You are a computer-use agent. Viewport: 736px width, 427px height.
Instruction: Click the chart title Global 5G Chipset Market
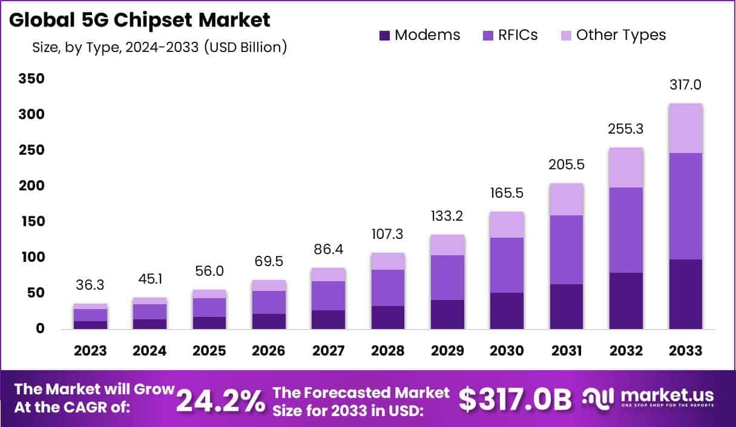click(x=140, y=20)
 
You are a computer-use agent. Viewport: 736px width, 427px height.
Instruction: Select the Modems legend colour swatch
click(x=385, y=36)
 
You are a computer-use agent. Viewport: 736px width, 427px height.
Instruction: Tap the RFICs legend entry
click(x=508, y=35)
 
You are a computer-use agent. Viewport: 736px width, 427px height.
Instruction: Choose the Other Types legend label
click(x=620, y=35)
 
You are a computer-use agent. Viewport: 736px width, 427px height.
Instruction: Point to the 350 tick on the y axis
click(x=31, y=79)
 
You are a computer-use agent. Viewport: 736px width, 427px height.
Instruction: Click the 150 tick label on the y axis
click(x=31, y=222)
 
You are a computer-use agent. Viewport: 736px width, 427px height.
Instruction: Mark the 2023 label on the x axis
click(x=91, y=351)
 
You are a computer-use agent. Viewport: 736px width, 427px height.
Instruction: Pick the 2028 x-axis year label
click(x=387, y=351)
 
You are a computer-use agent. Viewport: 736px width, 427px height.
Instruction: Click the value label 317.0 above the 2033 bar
click(x=685, y=85)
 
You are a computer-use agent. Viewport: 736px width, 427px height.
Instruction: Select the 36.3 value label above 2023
click(x=91, y=285)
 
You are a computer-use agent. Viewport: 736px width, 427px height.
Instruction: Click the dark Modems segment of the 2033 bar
click(x=685, y=294)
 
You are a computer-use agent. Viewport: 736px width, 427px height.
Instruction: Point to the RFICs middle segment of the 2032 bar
click(x=626, y=230)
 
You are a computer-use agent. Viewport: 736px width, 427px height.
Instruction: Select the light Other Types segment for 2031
click(x=567, y=199)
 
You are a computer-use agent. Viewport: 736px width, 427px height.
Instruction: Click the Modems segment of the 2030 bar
click(x=507, y=311)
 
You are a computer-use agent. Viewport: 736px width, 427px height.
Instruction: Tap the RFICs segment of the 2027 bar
click(x=329, y=296)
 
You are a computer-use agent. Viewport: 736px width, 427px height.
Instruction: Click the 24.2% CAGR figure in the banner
click(x=220, y=399)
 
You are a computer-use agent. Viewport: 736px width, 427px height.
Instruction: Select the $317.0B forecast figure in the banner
click(x=514, y=399)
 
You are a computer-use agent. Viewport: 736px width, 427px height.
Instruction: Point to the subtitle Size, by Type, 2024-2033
click(x=159, y=47)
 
